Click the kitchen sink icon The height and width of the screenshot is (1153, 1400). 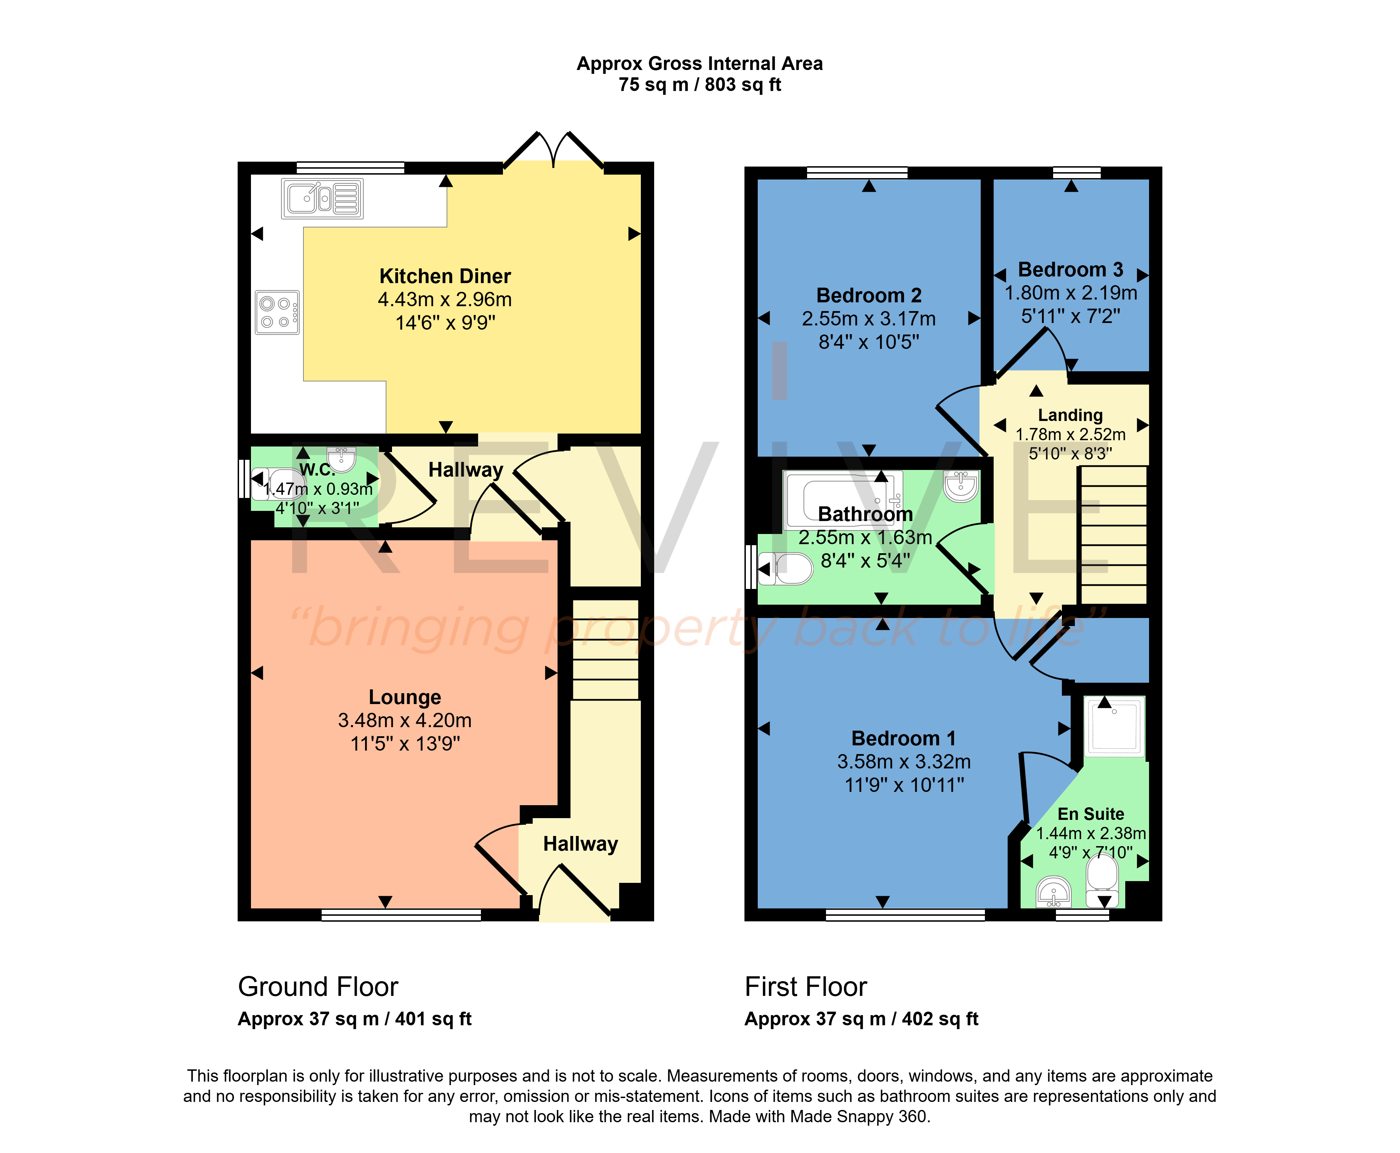322,199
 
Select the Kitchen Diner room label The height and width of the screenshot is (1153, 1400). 445,276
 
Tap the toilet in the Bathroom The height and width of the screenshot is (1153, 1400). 786,569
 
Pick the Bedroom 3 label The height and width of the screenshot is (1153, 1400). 1071,270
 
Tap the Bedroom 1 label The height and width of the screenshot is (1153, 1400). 903,739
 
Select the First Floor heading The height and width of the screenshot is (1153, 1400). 806,987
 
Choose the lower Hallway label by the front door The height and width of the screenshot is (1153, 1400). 580,844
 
